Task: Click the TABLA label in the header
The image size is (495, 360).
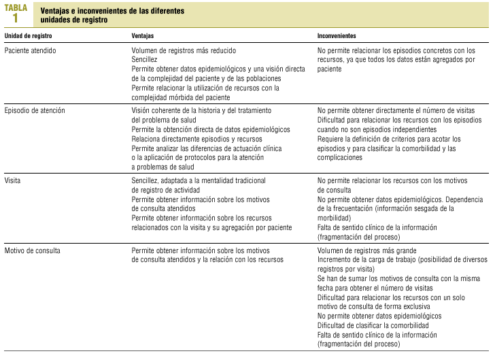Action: click(16, 7)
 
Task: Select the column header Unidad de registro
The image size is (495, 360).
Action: click(29, 35)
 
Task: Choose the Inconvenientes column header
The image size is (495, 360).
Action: click(337, 35)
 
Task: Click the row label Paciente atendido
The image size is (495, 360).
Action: click(30, 50)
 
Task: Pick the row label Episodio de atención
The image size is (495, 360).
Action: click(35, 110)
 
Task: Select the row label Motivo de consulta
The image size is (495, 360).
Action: click(33, 250)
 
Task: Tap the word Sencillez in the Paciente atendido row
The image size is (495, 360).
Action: click(145, 60)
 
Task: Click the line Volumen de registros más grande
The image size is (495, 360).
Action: click(367, 250)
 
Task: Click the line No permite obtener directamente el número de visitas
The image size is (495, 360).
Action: click(396, 110)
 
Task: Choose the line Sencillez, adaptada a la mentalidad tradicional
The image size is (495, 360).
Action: click(199, 180)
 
